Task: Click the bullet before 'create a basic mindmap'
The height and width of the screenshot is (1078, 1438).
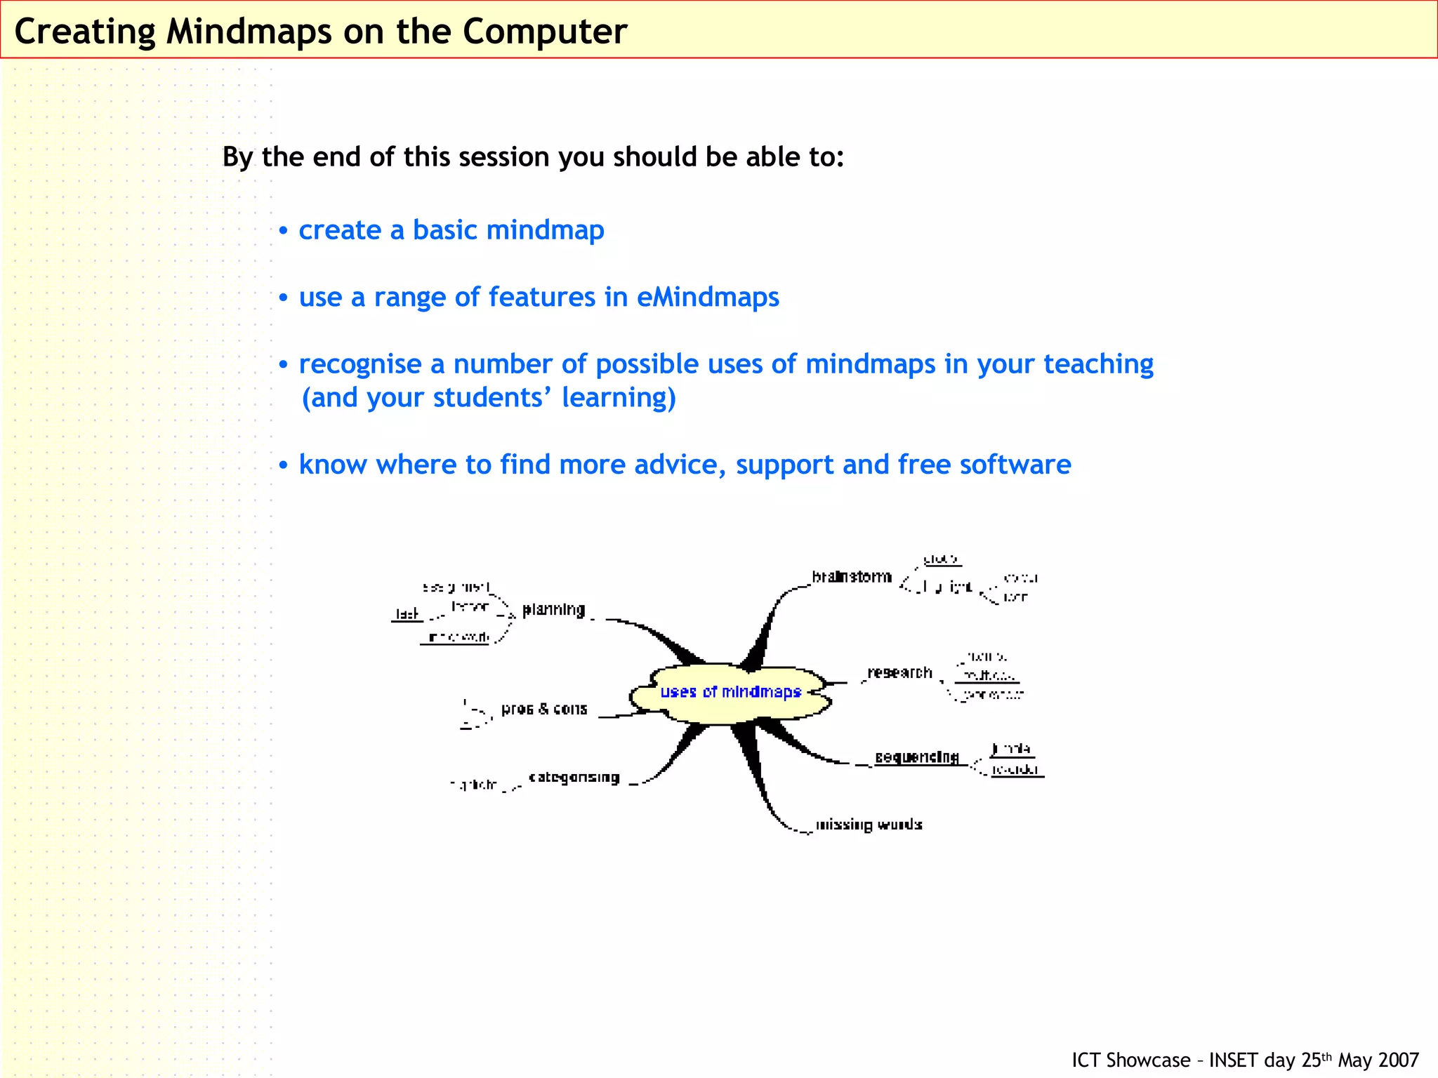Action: [x=283, y=231]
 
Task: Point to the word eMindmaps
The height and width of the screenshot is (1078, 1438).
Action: [x=707, y=297]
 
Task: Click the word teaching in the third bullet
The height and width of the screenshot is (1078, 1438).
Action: [x=1098, y=364]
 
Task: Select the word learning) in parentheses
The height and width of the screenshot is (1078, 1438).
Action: [x=618, y=397]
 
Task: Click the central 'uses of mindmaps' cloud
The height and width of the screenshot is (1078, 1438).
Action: [x=730, y=692]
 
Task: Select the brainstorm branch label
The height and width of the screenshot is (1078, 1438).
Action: [x=852, y=577]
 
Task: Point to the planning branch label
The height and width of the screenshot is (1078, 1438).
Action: [x=553, y=609]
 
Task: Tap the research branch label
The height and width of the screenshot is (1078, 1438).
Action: [x=899, y=672]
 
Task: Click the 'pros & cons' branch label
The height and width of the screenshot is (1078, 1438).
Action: [x=544, y=709]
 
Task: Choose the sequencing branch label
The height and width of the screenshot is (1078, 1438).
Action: [x=916, y=757]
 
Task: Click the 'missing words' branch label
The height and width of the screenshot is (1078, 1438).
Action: [x=869, y=825]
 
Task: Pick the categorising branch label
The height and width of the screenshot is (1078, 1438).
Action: [x=574, y=777]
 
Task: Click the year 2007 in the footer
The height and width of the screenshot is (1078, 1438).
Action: [x=1399, y=1060]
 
